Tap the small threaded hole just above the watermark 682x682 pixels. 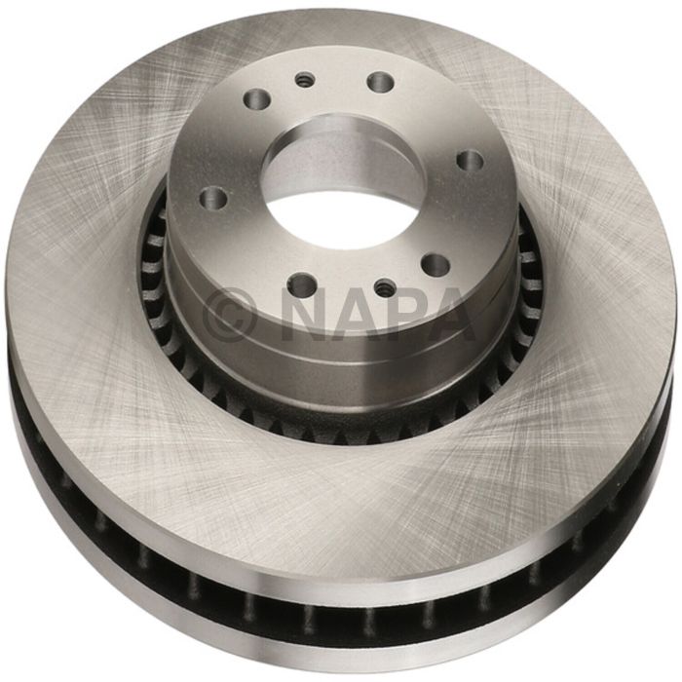pos(386,288)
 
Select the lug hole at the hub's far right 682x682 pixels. pos(470,160)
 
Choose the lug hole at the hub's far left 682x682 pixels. pos(214,199)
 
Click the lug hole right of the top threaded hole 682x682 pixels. pos(381,82)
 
